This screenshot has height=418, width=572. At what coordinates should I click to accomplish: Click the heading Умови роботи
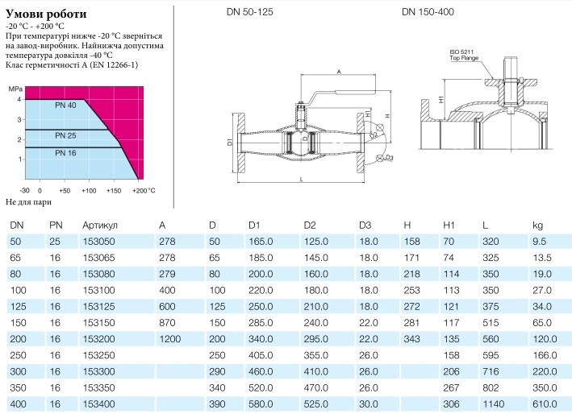[46, 14]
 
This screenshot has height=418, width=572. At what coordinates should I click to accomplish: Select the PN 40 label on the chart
[65, 106]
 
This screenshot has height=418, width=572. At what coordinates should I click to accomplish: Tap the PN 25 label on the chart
[65, 135]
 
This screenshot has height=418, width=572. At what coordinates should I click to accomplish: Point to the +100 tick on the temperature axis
[89, 190]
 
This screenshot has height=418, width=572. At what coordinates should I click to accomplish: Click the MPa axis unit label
[15, 89]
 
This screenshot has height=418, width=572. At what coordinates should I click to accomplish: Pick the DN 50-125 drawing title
[250, 12]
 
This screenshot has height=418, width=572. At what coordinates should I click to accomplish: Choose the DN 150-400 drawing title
[428, 12]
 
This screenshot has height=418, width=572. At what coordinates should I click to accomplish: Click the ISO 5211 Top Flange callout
[464, 55]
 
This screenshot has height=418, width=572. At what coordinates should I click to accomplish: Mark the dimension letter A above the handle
[339, 72]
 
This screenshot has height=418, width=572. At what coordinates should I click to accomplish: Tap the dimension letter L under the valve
[301, 179]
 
